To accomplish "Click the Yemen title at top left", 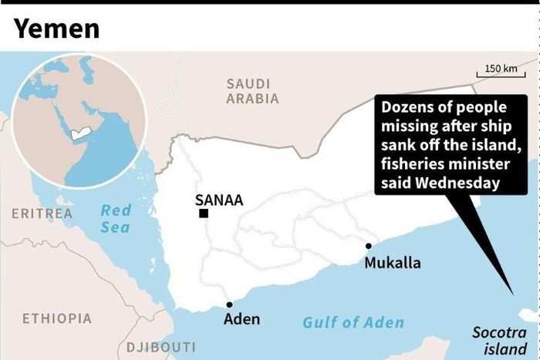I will pos(57,29).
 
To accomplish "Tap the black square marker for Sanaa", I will pos(203,214).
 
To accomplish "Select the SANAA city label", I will pos(219,200).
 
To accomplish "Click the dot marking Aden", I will pos(229,304).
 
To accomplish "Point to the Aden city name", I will pos(241,319).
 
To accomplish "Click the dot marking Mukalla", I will pos(369,247).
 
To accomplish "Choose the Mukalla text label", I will pos(393,263).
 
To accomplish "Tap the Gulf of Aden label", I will pos(353,322).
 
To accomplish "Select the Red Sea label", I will pos(116,218).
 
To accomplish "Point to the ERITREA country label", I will pos(42,213).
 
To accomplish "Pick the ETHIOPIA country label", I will pos(56,318).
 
